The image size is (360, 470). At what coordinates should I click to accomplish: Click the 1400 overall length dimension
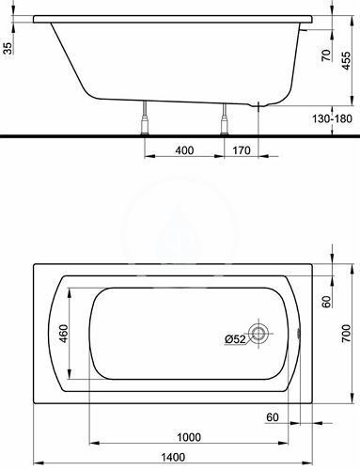coord(173,457)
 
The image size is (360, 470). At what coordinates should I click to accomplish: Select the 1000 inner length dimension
coord(189,437)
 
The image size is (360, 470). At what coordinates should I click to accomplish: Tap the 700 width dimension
coord(346,333)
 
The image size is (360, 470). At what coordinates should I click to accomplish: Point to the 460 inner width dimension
coord(64,334)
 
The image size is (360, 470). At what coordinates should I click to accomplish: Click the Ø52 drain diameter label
coord(235,339)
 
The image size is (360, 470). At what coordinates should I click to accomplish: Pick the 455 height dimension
coord(346,60)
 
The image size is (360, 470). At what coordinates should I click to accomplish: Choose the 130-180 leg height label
coord(332,118)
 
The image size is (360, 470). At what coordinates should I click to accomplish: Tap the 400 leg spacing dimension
coord(184,150)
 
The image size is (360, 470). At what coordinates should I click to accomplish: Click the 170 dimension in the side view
coord(242,150)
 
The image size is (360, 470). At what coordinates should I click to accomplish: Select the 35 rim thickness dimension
coord(8,48)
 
